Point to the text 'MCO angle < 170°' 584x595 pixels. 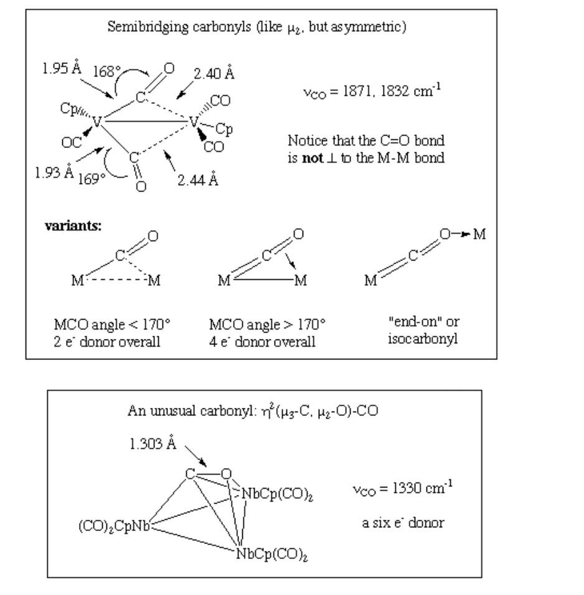point(112,324)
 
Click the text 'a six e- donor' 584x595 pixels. point(403,523)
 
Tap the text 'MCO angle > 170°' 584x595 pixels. point(268,324)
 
